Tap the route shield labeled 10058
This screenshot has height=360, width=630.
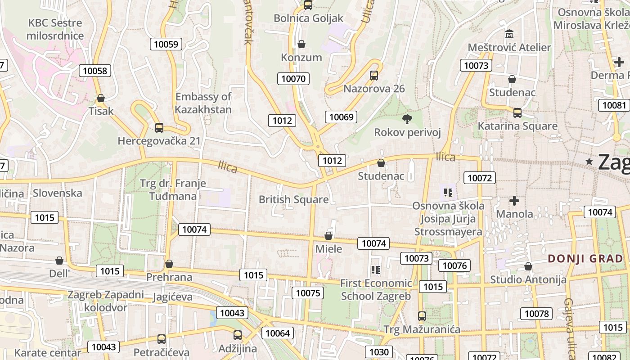point(95,71)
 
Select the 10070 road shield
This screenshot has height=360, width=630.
point(293,79)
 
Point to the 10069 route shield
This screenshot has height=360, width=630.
point(341,117)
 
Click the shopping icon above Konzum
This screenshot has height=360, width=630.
point(301,44)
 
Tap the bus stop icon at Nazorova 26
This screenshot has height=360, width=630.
point(374,76)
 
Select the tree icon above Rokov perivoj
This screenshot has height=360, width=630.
point(407,119)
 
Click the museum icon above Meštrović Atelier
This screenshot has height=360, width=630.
point(509,34)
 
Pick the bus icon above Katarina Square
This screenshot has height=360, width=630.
point(517,113)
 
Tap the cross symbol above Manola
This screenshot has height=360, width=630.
point(514,201)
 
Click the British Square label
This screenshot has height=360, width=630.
point(293,199)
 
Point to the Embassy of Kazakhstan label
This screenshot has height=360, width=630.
point(203,103)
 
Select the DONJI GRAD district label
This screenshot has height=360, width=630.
point(585,259)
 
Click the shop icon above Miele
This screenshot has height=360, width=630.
point(328,236)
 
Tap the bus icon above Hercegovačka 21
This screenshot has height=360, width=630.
point(159,128)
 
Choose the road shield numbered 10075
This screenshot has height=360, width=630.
point(308,293)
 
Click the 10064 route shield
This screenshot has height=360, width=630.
point(278,333)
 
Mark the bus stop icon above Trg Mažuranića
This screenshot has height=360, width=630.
point(422,316)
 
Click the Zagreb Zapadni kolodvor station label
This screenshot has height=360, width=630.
point(106,301)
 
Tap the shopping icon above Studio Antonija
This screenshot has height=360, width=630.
point(528,267)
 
